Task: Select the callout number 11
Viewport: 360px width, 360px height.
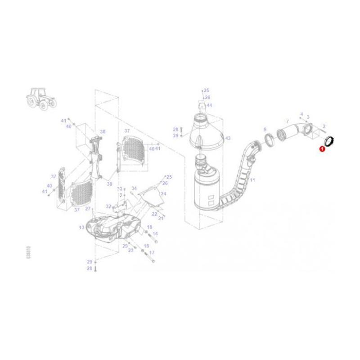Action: point(252,180)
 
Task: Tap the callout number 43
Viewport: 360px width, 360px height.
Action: point(228,138)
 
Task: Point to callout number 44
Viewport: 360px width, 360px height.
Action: point(209,105)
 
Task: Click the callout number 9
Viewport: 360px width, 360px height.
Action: point(265,130)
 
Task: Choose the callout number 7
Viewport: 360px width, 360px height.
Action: point(287,121)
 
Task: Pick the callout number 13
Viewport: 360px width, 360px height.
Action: point(81,228)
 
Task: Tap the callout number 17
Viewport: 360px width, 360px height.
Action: point(152,253)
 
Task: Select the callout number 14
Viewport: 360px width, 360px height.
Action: point(155,234)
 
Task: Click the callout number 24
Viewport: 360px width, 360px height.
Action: point(163,193)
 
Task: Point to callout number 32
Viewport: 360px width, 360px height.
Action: point(108,206)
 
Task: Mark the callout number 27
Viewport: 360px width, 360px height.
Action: point(88,209)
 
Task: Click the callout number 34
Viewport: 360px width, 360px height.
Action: point(134,189)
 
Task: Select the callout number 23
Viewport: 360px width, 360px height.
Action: point(130,250)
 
